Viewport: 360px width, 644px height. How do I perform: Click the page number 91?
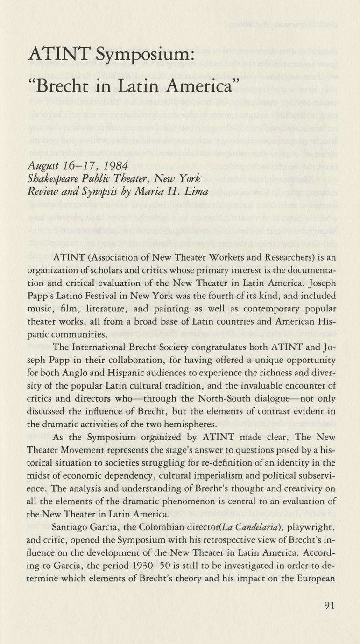(x=329, y=606)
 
